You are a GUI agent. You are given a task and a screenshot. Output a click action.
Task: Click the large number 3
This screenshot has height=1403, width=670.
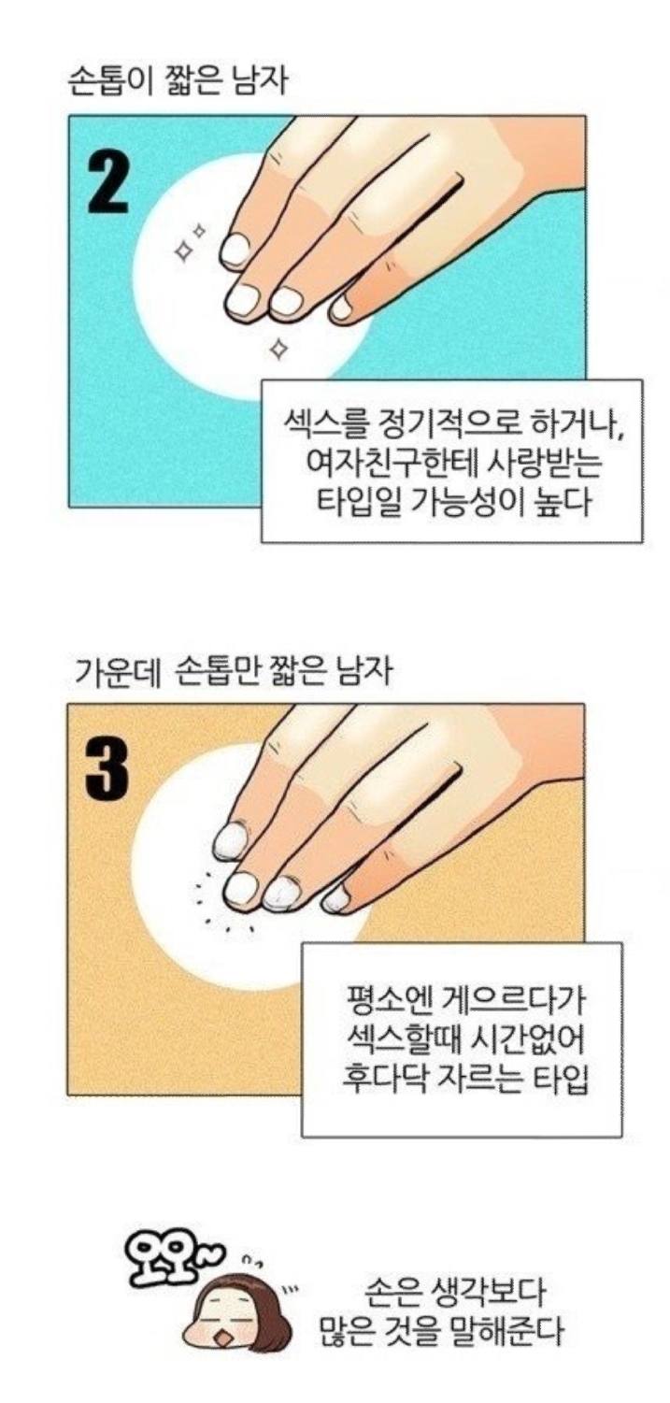pyautogui.click(x=107, y=770)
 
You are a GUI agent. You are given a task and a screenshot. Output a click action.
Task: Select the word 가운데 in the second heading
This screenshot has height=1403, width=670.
pyautogui.click(x=115, y=672)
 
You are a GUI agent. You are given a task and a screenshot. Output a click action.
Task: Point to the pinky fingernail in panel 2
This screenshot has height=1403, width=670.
pyautogui.click(x=341, y=307)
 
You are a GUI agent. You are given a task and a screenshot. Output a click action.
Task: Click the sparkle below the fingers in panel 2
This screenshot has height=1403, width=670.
pyautogui.click(x=276, y=348)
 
